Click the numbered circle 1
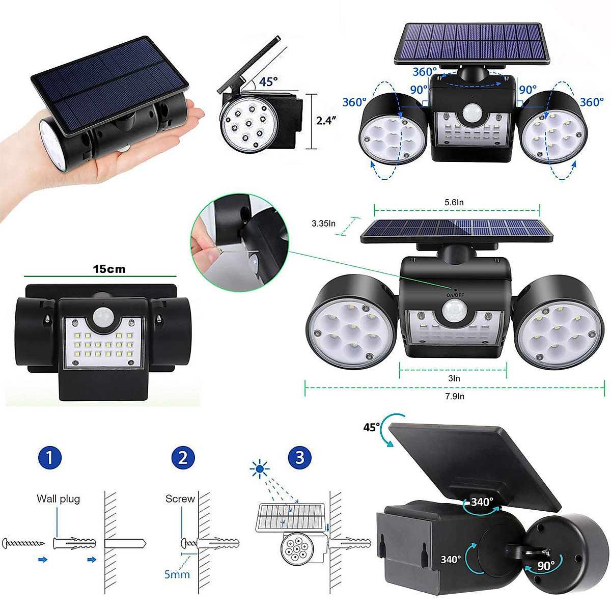pyautogui.click(x=49, y=457)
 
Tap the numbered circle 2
pyautogui.click(x=183, y=457)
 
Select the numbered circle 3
pyautogui.click(x=299, y=457)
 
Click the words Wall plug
pyautogui.click(x=58, y=498)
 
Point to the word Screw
pyautogui.click(x=180, y=498)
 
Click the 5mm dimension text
pyautogui.click(x=177, y=574)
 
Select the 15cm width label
pyautogui.click(x=109, y=269)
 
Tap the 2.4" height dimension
pyautogui.click(x=326, y=121)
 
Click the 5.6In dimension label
pyautogui.click(x=454, y=202)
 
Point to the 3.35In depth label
pyautogui.click(x=324, y=223)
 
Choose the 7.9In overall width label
pyautogui.click(x=455, y=396)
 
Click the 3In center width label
pyautogui.click(x=454, y=378)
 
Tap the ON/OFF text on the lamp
pyautogui.click(x=455, y=295)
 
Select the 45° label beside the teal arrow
pyautogui.click(x=371, y=427)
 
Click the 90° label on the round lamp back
pyautogui.click(x=546, y=566)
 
